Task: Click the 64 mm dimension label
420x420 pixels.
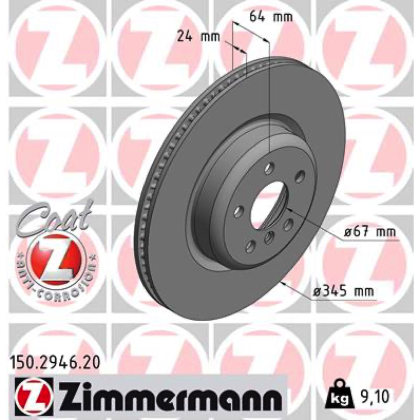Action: coord(271,17)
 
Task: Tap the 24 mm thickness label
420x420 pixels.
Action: coord(198,36)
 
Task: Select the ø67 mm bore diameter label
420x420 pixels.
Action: coord(370,232)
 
